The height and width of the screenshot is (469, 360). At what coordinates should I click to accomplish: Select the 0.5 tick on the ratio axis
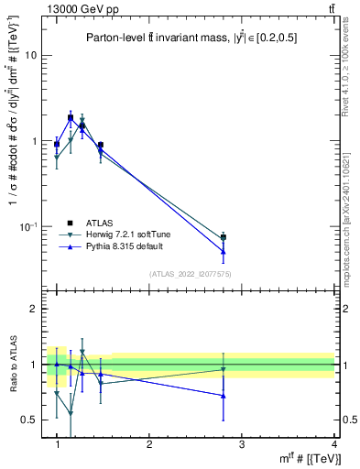(29, 420)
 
